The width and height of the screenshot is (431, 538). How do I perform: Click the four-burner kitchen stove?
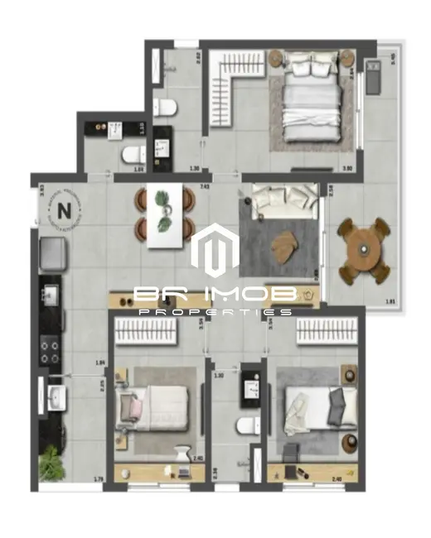[x=50, y=349]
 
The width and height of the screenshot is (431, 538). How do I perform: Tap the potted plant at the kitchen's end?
[x=51, y=462]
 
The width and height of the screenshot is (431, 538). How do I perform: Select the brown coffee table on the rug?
[x=287, y=242]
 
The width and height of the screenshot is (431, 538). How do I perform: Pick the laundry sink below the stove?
[x=56, y=398]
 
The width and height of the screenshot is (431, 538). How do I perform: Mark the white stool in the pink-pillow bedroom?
[x=182, y=454]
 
